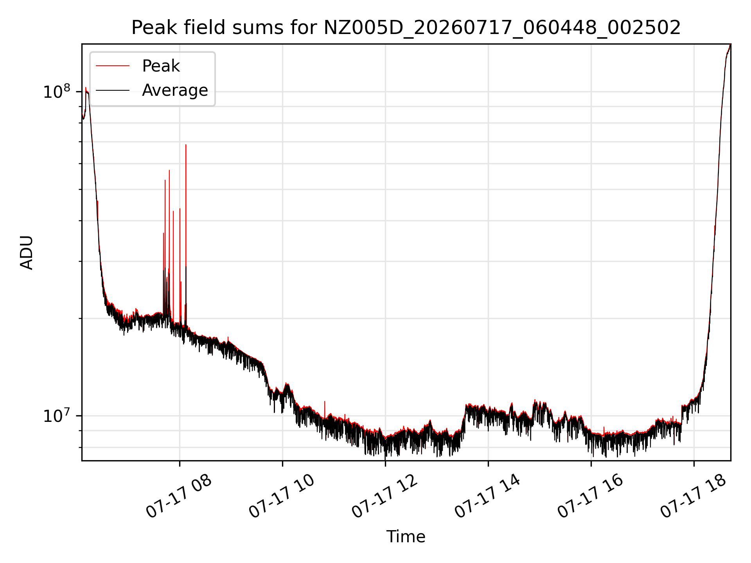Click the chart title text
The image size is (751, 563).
(x=406, y=28)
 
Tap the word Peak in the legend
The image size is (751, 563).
(x=161, y=66)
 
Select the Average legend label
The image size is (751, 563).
(x=175, y=90)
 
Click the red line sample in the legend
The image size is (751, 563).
(x=113, y=66)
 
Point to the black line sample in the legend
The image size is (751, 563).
(x=113, y=90)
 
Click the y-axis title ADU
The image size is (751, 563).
(x=27, y=253)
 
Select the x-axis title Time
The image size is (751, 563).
(x=406, y=536)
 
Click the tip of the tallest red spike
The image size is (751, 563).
(x=186, y=145)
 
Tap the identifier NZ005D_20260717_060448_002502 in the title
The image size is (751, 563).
(x=502, y=28)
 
